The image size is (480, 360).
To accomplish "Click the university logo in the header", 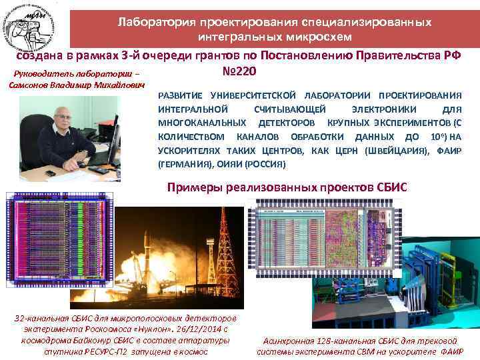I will coord(35,24).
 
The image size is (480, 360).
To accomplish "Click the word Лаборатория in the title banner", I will coord(152,21).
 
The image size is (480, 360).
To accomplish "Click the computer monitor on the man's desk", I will coord(113,137).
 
